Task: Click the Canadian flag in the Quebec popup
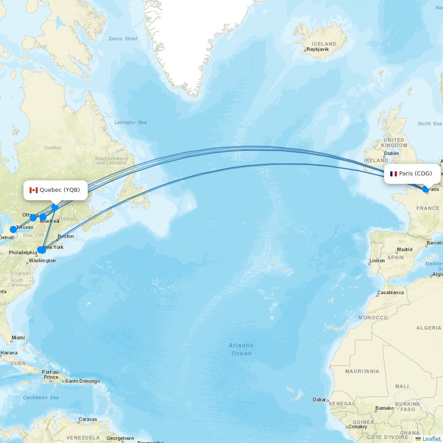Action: [34, 190]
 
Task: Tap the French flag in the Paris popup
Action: [393, 174]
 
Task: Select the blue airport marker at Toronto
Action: [13, 229]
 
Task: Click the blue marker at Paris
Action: [426, 190]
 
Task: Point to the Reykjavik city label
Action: [318, 50]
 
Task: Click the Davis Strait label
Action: [123, 39]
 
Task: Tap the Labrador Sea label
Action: [130, 122]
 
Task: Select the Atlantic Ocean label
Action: [241, 349]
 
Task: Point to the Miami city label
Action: [18, 338]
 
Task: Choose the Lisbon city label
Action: [377, 260]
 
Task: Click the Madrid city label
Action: [405, 249]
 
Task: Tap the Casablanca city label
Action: [390, 293]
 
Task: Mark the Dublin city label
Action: [392, 153]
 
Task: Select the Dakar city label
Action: [319, 400]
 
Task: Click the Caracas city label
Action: [88, 419]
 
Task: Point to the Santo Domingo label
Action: [83, 381]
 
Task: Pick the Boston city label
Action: [66, 236]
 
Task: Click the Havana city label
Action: [9, 353]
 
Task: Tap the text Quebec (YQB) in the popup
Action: [60, 190]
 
